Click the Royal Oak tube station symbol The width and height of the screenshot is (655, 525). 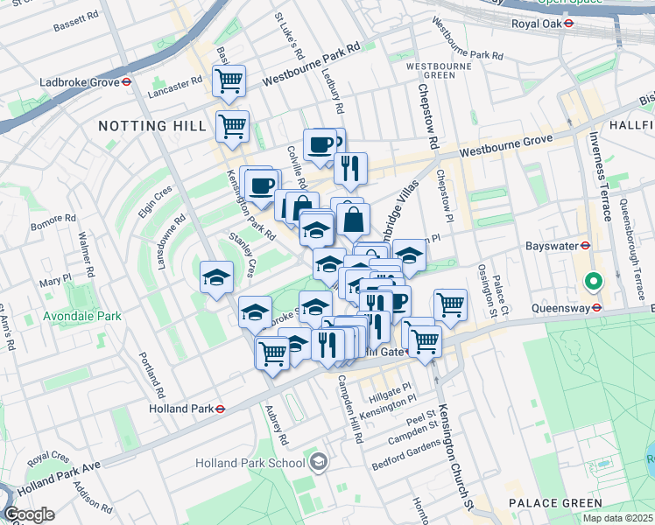click(x=568, y=24)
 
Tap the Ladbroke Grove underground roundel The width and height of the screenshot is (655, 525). click(x=126, y=82)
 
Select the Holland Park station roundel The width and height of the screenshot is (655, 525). click(x=221, y=408)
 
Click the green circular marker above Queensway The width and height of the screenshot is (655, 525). click(x=593, y=283)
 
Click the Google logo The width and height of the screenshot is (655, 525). click(x=29, y=514)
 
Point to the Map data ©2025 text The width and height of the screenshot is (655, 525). click(x=617, y=518)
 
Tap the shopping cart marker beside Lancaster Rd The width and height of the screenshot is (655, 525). click(x=229, y=81)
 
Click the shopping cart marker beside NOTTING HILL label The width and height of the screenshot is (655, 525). click(x=232, y=126)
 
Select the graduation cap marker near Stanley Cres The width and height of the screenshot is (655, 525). click(x=216, y=278)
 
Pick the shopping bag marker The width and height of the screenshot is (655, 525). click(x=353, y=220)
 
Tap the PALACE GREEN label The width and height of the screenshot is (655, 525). click(x=555, y=503)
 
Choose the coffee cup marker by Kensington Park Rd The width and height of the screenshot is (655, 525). click(x=262, y=185)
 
